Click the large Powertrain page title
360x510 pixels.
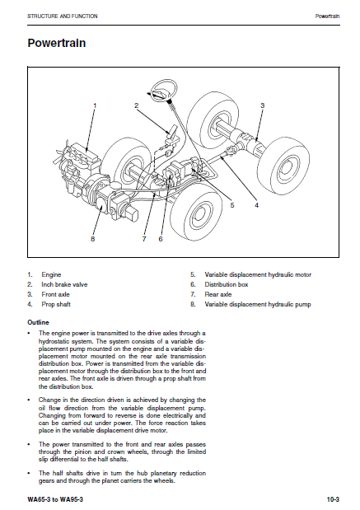(x=57, y=43)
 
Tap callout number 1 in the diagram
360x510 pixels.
(x=95, y=105)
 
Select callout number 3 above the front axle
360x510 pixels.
(x=263, y=105)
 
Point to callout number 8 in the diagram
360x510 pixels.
(x=93, y=239)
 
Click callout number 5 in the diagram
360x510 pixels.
(x=232, y=205)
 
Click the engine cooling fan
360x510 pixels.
(x=59, y=157)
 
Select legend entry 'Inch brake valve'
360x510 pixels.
(x=64, y=284)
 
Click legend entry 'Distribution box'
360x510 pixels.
(x=227, y=284)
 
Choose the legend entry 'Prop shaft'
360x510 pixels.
(x=56, y=305)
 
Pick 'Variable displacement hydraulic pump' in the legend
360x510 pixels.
(x=258, y=305)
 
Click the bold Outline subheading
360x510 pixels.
(x=39, y=323)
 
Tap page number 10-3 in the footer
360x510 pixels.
(x=333, y=499)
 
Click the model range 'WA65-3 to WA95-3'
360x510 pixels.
(x=55, y=499)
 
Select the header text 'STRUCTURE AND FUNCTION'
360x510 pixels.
(x=63, y=16)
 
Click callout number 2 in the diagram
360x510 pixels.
(x=136, y=105)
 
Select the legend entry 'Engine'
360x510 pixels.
(x=51, y=275)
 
